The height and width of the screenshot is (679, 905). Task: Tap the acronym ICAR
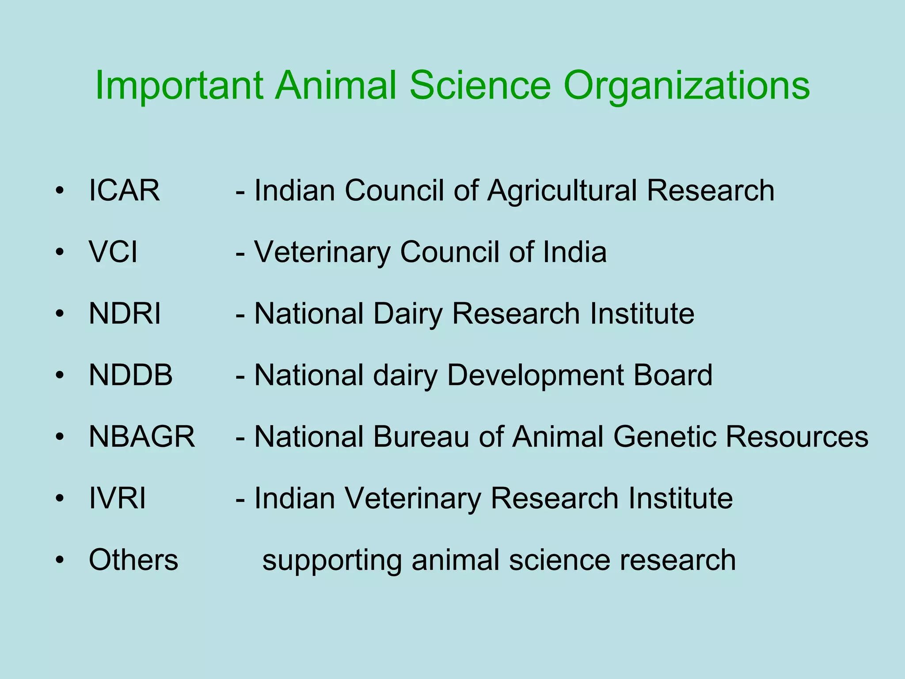tap(124, 191)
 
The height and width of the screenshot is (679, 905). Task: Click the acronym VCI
tap(113, 252)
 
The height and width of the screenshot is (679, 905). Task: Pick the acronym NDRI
tap(125, 314)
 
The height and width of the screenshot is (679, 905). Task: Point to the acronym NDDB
tap(130, 375)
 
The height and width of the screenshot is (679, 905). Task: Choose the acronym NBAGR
tap(141, 437)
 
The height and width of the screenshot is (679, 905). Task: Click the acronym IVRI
tap(117, 498)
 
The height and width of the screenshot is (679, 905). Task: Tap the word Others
tap(133, 560)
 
